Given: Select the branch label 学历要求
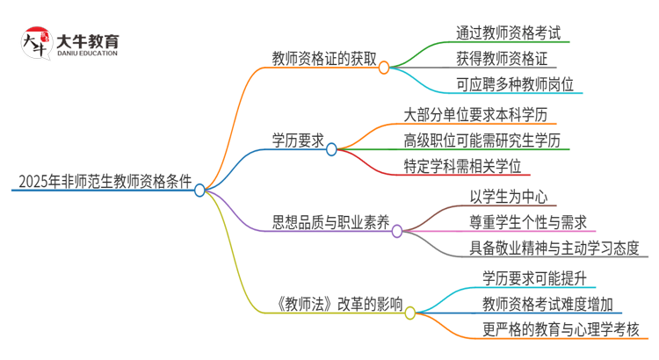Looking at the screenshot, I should [x=298, y=140].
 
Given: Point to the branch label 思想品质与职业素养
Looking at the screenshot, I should [x=329, y=223].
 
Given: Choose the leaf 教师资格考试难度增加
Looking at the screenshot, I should [x=547, y=304].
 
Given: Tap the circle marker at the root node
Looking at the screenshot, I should [x=200, y=190].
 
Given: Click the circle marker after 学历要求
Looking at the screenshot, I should [x=331, y=149].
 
